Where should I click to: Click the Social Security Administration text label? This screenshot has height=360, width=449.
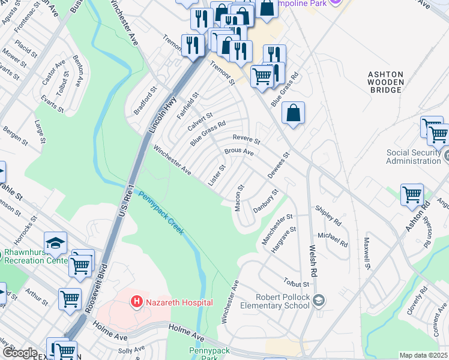point(414,157)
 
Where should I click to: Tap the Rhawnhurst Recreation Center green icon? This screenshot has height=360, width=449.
point(2,256)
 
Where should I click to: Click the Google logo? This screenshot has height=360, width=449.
point(19,353)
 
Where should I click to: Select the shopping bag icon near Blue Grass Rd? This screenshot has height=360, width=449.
point(293,113)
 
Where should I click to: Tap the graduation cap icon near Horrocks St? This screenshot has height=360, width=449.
point(55,243)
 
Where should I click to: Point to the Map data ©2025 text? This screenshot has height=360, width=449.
point(423,355)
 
